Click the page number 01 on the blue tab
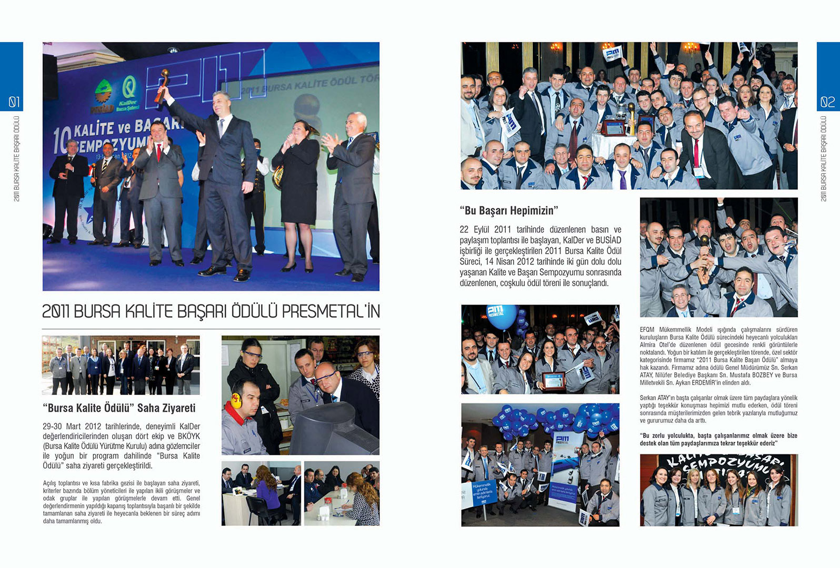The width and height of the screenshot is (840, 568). [x=14, y=102]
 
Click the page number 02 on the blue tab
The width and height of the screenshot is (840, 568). [x=827, y=102]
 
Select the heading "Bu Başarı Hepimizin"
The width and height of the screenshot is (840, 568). [x=508, y=211]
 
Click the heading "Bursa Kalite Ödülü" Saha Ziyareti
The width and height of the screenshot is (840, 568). [x=119, y=408]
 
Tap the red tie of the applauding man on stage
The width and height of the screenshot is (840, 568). [x=158, y=152]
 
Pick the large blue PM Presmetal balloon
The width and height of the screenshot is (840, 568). [x=501, y=316]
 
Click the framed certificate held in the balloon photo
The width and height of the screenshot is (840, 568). [x=554, y=380]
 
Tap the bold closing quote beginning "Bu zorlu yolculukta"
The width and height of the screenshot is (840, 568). [x=718, y=439]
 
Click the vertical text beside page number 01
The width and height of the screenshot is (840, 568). [x=16, y=158]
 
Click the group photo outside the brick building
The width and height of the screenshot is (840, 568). [x=121, y=365]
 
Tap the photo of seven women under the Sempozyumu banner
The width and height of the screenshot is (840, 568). [x=718, y=490]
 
